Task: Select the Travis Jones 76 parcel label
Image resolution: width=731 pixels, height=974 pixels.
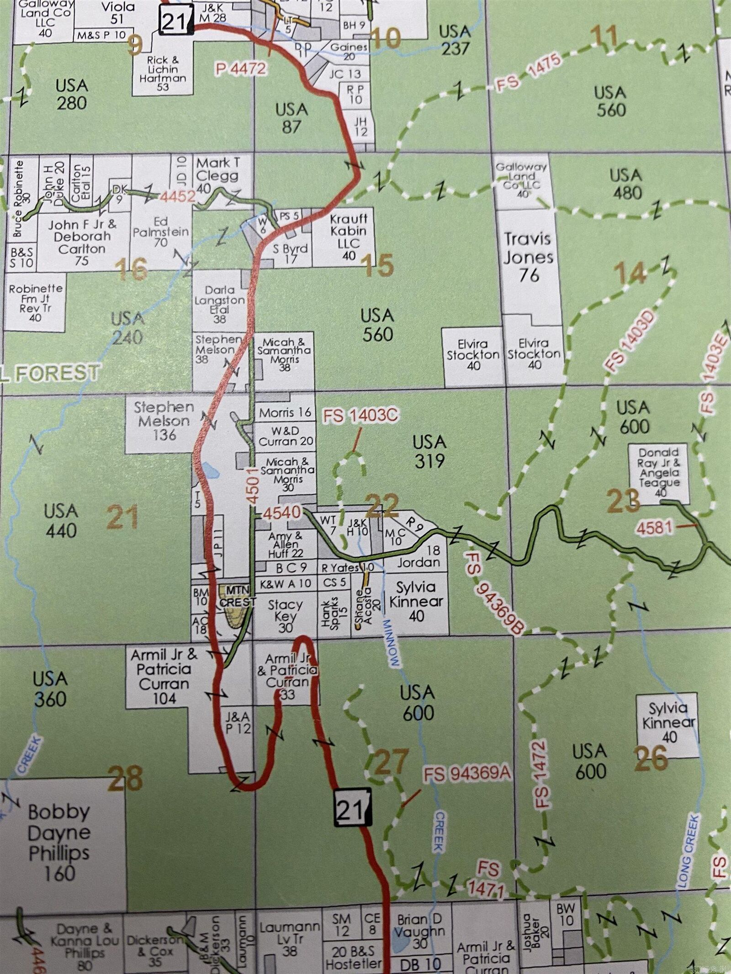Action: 528,257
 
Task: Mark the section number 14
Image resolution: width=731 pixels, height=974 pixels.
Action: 630,274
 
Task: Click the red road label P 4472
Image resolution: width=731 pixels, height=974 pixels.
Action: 240,68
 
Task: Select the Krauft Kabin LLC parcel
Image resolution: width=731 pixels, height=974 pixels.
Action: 349,237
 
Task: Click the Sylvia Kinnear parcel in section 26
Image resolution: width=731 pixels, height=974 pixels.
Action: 668,723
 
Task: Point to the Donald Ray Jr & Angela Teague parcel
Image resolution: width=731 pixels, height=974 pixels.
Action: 659,472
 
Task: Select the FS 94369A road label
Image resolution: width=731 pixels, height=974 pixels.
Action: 466,774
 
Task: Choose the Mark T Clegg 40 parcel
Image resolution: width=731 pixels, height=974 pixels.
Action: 217,175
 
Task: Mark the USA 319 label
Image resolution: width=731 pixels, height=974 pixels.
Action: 429,451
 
